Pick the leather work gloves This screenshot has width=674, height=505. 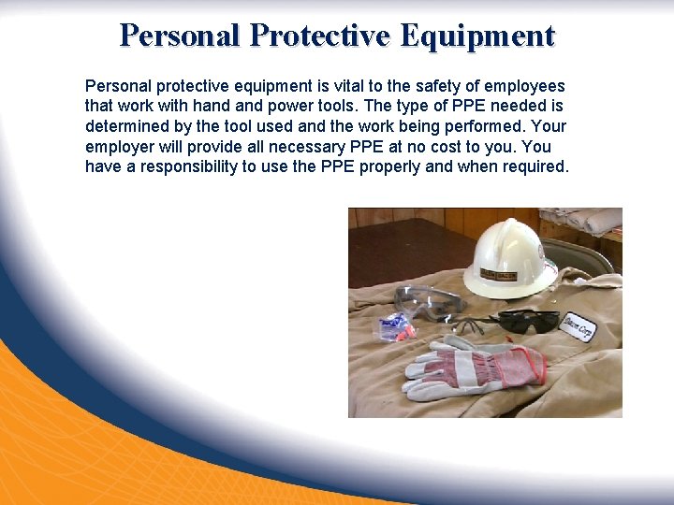pyautogui.click(x=468, y=368)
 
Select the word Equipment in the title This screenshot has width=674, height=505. pyautogui.click(x=476, y=36)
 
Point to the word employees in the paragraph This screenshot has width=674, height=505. pyautogui.click(x=523, y=86)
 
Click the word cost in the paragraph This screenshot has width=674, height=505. pyautogui.click(x=460, y=147)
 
